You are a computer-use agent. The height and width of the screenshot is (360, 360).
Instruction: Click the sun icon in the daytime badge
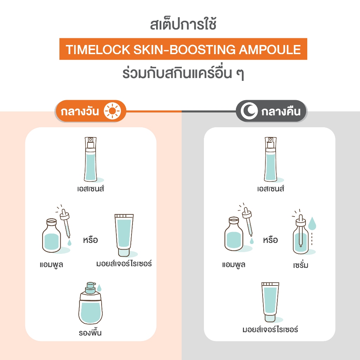tap(112, 111)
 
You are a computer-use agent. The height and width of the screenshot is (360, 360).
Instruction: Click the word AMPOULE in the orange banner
tap(270, 49)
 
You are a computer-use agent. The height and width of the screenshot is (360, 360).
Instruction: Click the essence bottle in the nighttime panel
tap(271, 159)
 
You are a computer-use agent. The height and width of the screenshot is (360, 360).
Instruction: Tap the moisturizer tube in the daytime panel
tap(124, 235)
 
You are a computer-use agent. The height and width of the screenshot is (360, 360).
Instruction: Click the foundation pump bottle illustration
tap(90, 303)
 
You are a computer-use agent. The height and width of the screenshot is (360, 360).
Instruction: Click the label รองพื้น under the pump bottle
tap(90, 333)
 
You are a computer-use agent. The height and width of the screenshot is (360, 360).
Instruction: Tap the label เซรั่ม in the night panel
tap(301, 265)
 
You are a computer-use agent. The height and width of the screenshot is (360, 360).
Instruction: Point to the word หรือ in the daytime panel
tap(90, 240)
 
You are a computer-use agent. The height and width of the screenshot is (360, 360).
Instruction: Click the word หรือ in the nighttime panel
tap(270, 240)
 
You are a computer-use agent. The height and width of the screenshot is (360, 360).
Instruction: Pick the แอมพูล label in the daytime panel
tap(51, 265)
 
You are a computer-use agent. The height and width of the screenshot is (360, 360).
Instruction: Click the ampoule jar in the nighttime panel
tap(233, 234)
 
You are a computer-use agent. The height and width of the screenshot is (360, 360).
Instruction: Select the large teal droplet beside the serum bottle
tap(312, 224)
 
